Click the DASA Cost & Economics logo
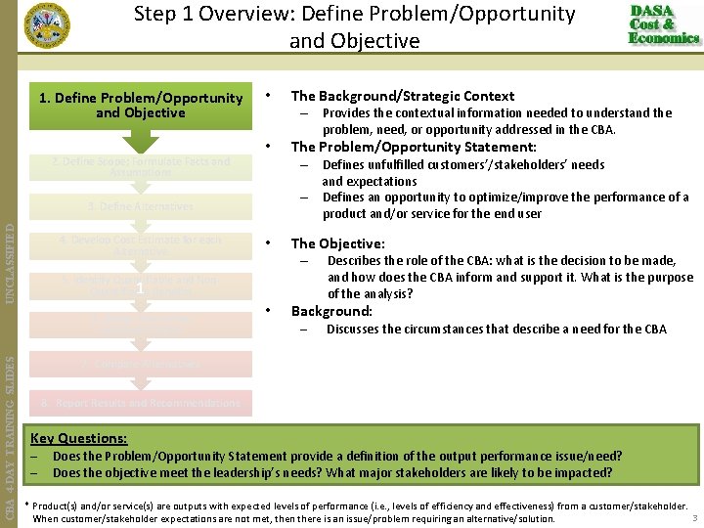click(x=664, y=24)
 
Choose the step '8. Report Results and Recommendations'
click(x=140, y=403)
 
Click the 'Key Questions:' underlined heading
click(x=78, y=439)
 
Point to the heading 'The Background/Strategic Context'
click(x=402, y=96)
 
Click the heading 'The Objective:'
click(x=337, y=243)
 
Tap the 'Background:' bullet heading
click(x=331, y=311)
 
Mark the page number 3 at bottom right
click(x=694, y=517)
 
